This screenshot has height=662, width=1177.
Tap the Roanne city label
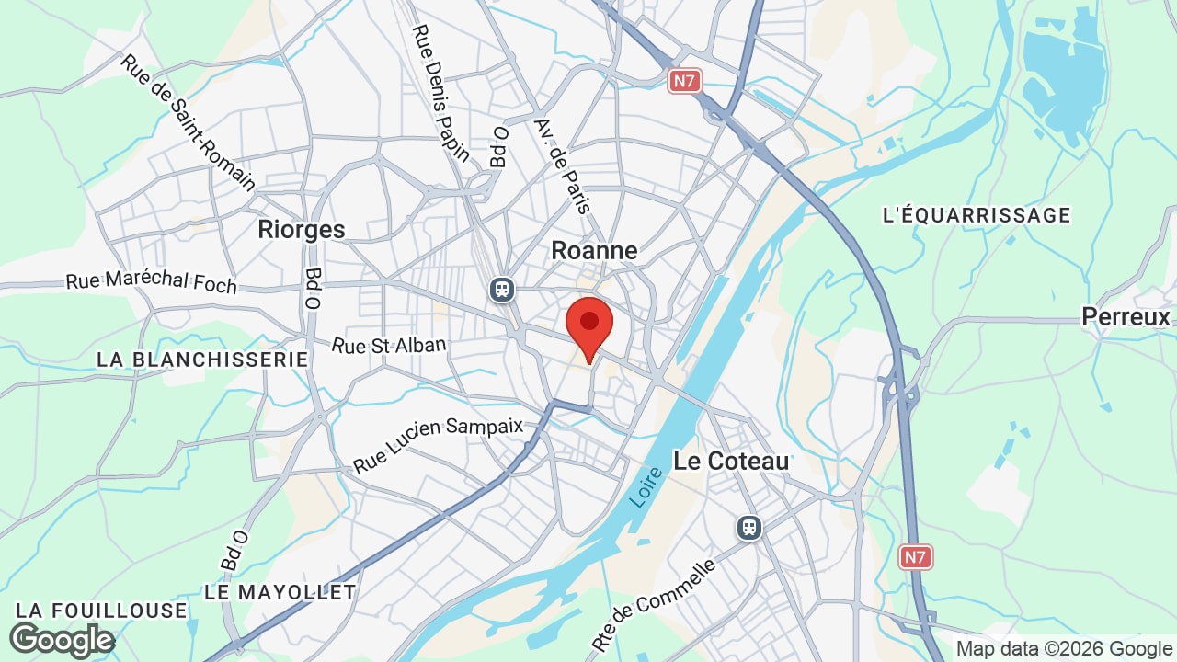point(594,250)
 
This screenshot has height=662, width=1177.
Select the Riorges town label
point(302,229)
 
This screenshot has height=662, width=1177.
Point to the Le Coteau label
point(731,461)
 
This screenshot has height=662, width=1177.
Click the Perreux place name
point(1126,317)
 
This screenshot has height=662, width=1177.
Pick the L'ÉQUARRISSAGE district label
point(977,215)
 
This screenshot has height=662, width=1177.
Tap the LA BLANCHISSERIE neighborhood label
point(202,360)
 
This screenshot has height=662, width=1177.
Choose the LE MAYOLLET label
point(280,592)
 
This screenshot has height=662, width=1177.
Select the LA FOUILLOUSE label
point(101,611)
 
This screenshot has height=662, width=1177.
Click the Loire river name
point(646,486)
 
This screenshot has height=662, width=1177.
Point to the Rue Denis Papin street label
point(440,92)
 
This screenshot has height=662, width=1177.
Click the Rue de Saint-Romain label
point(188,122)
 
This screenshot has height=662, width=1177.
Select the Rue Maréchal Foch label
point(152,281)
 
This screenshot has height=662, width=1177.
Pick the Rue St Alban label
point(389,346)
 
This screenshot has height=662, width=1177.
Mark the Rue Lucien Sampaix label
point(438,444)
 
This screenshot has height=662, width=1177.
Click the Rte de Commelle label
point(654,605)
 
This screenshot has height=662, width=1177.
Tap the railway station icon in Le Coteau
point(749,528)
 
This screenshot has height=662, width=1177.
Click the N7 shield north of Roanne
point(684,81)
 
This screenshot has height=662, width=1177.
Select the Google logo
point(62,640)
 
